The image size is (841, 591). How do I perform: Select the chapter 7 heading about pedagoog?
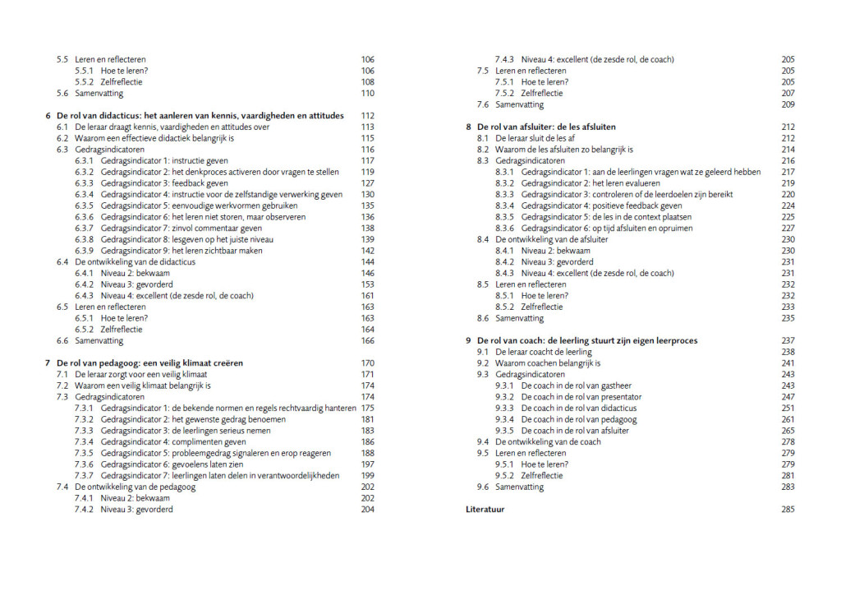pyautogui.click(x=149, y=362)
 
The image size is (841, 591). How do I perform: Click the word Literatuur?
pyautogui.click(x=485, y=510)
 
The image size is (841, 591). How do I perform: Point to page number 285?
pyautogui.click(x=788, y=510)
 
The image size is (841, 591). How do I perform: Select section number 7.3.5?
pyautogui.click(x=84, y=453)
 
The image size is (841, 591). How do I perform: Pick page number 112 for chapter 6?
pyautogui.click(x=367, y=116)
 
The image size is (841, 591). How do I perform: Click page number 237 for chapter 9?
pyautogui.click(x=788, y=340)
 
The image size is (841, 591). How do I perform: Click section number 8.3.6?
pyautogui.click(x=504, y=229)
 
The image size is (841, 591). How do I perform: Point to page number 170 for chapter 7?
pyautogui.click(x=367, y=362)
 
